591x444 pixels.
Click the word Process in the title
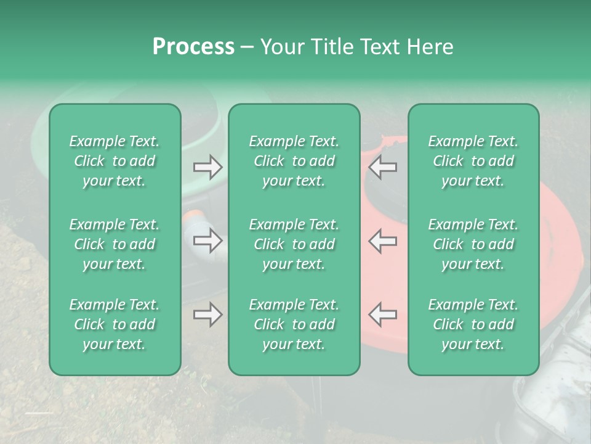coord(193,47)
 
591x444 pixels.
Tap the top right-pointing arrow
coord(208,167)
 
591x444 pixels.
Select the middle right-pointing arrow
coord(208,240)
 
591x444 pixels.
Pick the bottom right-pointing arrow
coord(208,315)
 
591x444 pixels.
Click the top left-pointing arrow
coord(383,167)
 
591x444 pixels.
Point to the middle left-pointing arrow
coord(383,240)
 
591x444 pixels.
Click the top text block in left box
coord(115,161)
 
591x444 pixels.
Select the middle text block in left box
coord(115,244)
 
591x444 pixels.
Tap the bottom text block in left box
coord(115,324)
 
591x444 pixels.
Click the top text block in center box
coord(294,161)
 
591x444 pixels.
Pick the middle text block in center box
coord(294,244)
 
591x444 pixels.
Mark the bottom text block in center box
coord(294,324)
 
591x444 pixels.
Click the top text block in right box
coord(473,161)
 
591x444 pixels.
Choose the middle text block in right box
coord(473,244)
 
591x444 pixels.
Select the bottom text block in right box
coord(473,324)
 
